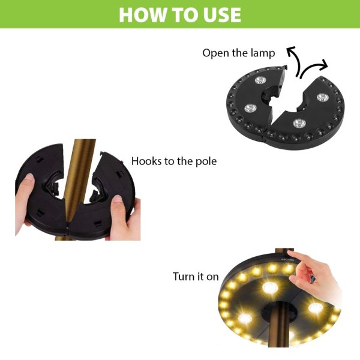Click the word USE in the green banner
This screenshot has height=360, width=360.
coord(220,15)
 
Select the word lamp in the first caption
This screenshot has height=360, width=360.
coord(263,53)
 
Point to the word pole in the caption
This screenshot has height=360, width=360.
coord(206,161)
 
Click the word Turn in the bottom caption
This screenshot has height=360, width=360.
coord(183,277)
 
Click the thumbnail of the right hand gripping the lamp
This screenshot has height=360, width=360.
coord(118,199)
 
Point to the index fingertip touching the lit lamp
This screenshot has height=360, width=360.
coord(290,254)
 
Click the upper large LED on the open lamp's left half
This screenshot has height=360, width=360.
coord(260,80)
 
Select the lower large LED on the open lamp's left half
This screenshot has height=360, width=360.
coord(250,108)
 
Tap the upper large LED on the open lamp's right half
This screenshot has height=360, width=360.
coord(323,97)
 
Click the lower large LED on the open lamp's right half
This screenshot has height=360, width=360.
coord(299,124)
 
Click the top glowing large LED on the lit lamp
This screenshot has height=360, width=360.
coord(270,287)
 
